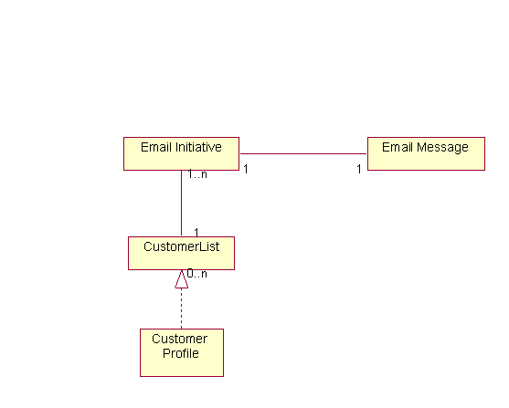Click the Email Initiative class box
[x=181, y=153]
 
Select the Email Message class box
[x=425, y=153]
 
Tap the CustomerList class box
[x=181, y=253]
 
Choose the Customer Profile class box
[x=181, y=352]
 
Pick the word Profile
[x=181, y=353]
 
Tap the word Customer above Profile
[x=180, y=340]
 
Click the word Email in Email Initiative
[x=155, y=147]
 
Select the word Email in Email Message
[x=397, y=147]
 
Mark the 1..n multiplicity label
[x=197, y=174]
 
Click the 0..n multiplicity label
[x=197, y=273]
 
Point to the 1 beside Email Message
[x=359, y=169]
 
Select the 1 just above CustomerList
[x=196, y=232]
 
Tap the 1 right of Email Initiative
[x=247, y=169]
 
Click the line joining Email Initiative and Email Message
[x=302, y=153]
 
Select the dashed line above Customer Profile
[x=181, y=309]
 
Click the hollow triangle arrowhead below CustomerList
[x=181, y=280]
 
